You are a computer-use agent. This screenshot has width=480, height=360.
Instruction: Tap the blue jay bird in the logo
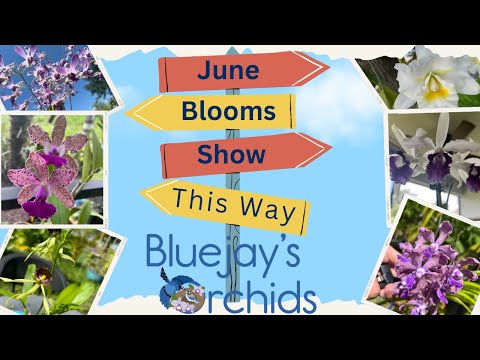click(182, 293)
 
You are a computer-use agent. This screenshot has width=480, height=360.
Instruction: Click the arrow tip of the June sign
click(328, 68)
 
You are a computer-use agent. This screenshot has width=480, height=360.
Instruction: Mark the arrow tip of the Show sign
click(331, 148)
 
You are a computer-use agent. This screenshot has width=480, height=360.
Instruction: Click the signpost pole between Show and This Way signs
click(234, 178)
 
